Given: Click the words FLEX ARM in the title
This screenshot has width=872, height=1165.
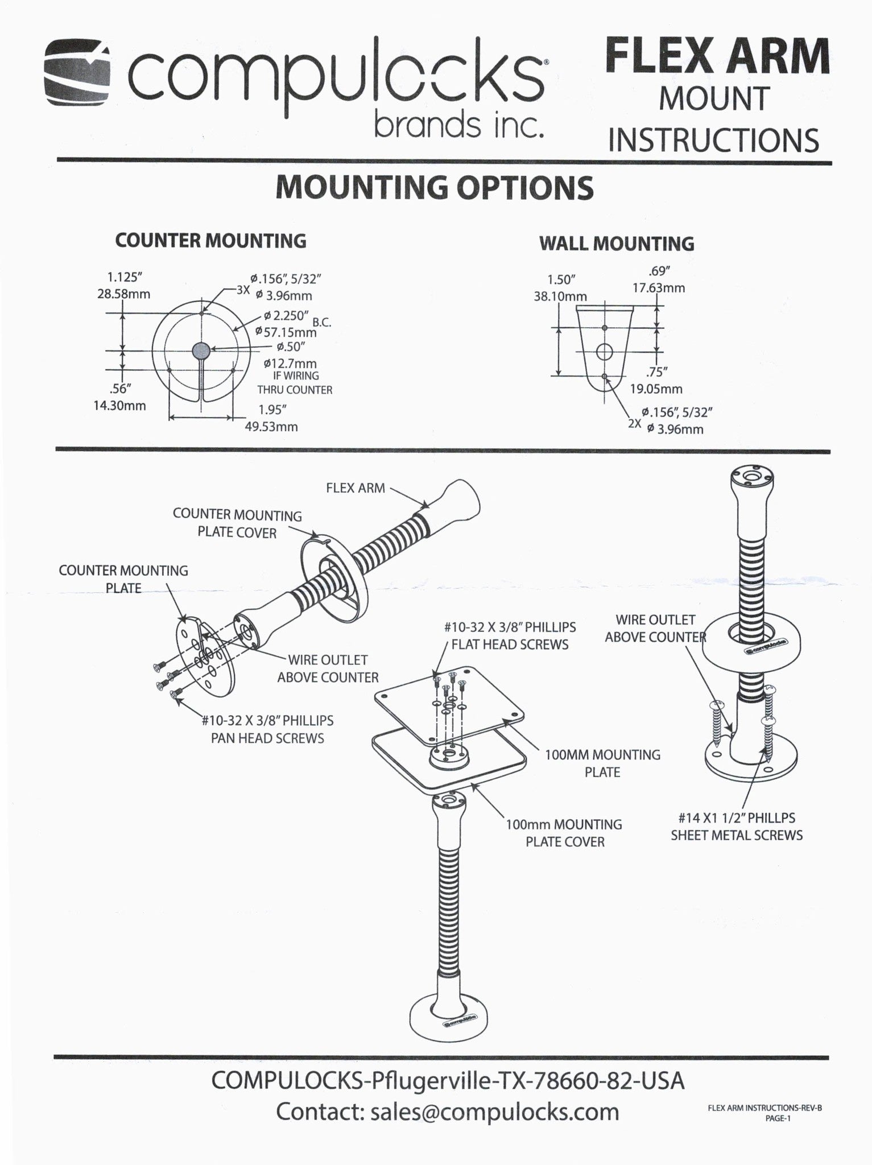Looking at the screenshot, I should (x=717, y=55).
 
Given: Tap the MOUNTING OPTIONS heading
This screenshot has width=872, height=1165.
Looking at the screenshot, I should (x=435, y=187).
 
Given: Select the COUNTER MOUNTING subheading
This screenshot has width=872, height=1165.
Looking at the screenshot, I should (x=210, y=241).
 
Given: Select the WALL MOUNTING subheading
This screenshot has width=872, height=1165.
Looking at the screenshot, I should (x=617, y=243).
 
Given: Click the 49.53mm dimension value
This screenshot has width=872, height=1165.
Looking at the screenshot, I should (x=271, y=427).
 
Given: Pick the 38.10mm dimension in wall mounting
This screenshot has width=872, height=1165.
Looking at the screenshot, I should (x=560, y=296).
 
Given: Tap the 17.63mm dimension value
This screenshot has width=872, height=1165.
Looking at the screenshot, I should (x=659, y=288).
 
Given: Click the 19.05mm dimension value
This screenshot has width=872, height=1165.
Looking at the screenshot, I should (x=656, y=389).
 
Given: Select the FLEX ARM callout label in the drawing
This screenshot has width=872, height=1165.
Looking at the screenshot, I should (x=356, y=488).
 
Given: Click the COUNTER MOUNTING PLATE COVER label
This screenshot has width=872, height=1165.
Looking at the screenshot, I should (x=237, y=524).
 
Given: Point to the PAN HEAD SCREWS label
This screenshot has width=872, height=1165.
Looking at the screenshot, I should (x=267, y=738).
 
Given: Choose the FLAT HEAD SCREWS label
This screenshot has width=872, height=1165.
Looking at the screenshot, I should (x=510, y=645).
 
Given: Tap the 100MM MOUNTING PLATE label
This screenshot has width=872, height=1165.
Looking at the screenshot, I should (x=602, y=763).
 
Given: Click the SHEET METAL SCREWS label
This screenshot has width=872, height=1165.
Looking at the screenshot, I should (x=737, y=835).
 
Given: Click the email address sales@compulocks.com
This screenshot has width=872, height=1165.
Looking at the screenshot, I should (x=494, y=1112).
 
